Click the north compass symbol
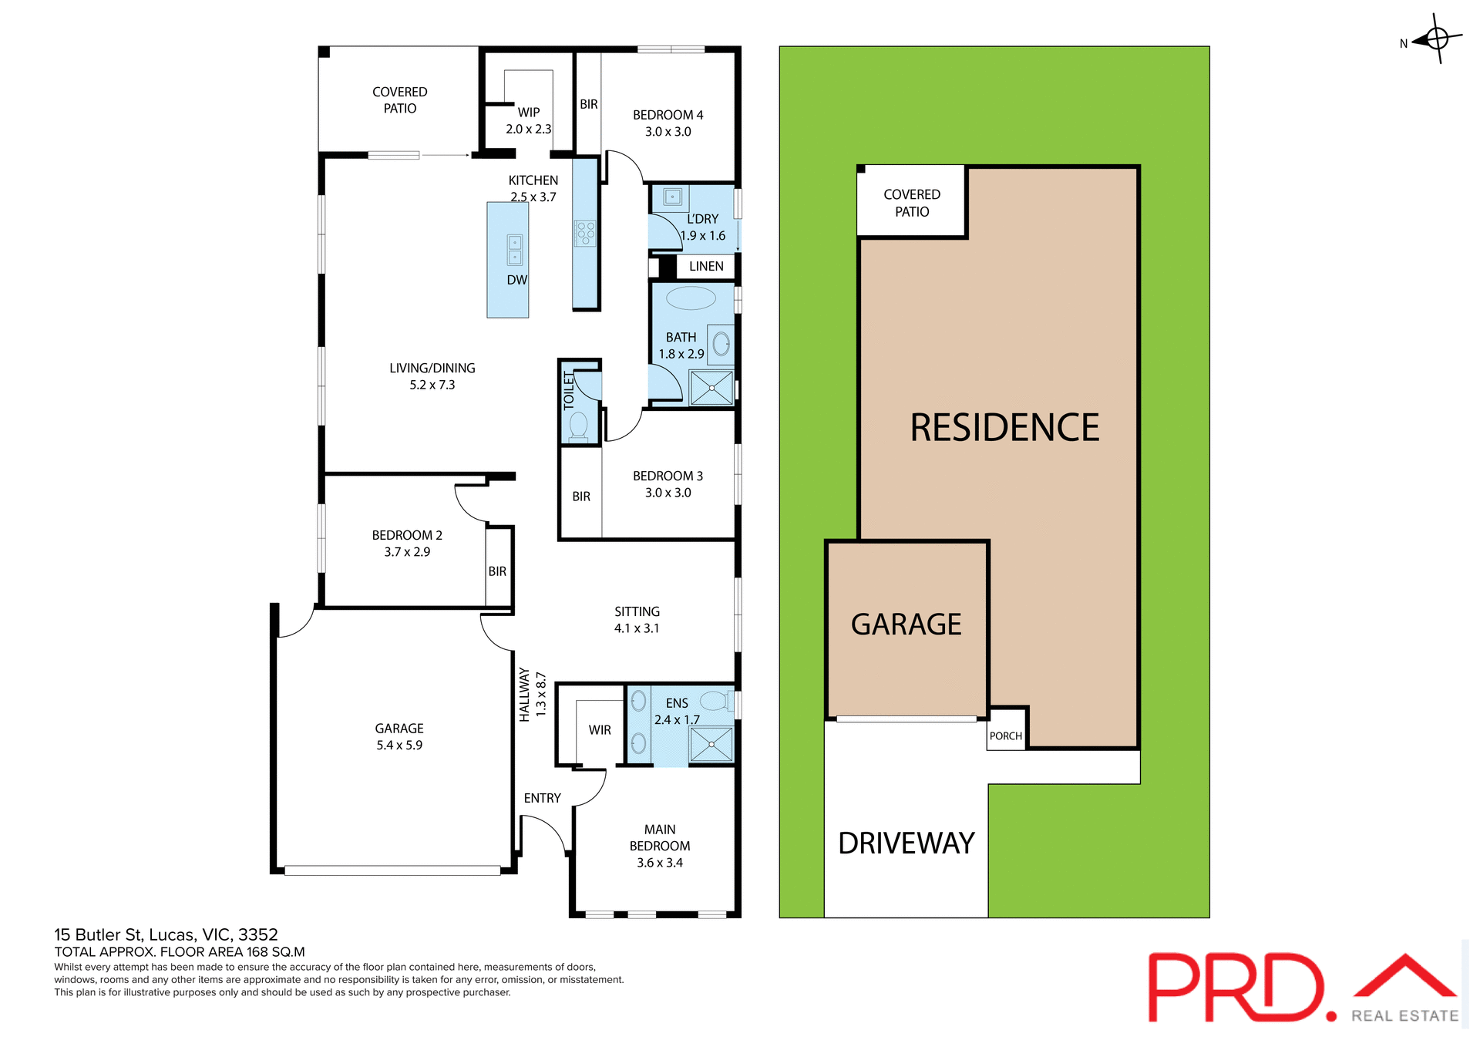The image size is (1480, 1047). pyautogui.click(x=1437, y=38)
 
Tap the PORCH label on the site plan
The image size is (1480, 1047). pyautogui.click(x=1005, y=736)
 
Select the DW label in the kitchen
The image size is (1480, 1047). pyautogui.click(x=516, y=280)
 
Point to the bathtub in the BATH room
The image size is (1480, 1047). pyautogui.click(x=690, y=298)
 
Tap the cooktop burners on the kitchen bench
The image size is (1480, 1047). pyautogui.click(x=585, y=233)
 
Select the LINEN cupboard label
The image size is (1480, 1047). pyautogui.click(x=706, y=267)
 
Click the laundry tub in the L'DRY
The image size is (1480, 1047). pyautogui.click(x=672, y=197)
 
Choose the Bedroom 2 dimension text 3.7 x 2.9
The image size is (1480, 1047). pyautogui.click(x=407, y=552)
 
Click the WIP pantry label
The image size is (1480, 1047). pyautogui.click(x=529, y=113)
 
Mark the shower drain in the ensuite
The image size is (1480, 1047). pyautogui.click(x=711, y=745)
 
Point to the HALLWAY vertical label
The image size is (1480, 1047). pyautogui.click(x=524, y=695)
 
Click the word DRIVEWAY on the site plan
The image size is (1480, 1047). pyautogui.click(x=906, y=843)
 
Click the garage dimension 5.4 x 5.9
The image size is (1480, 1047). pyautogui.click(x=399, y=746)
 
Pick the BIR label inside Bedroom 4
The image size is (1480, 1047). pyautogui.click(x=589, y=104)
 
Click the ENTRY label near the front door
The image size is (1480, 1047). pyautogui.click(x=542, y=799)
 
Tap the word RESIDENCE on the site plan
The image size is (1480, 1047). pyautogui.click(x=1004, y=428)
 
